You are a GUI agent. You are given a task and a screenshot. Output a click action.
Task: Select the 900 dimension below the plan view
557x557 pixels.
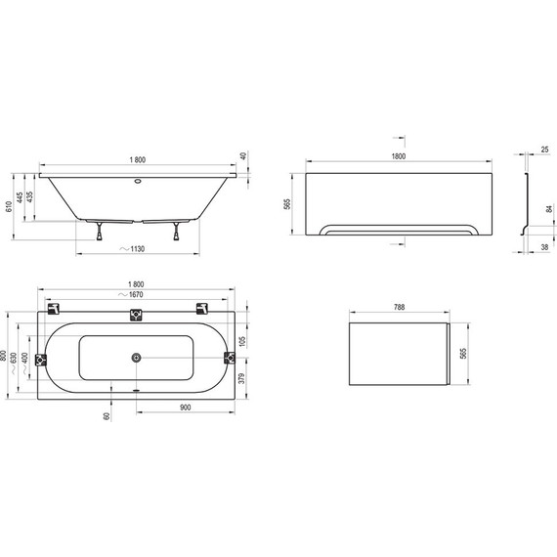[x=185, y=407]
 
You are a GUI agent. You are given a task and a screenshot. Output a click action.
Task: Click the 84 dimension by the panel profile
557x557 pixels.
[x=549, y=207]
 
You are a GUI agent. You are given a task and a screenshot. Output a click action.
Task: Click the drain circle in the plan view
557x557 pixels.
[x=136, y=360]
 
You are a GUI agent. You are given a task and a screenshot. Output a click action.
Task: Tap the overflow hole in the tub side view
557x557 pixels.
[x=136, y=181]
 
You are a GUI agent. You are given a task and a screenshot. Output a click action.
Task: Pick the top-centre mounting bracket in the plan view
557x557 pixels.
[x=136, y=315]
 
